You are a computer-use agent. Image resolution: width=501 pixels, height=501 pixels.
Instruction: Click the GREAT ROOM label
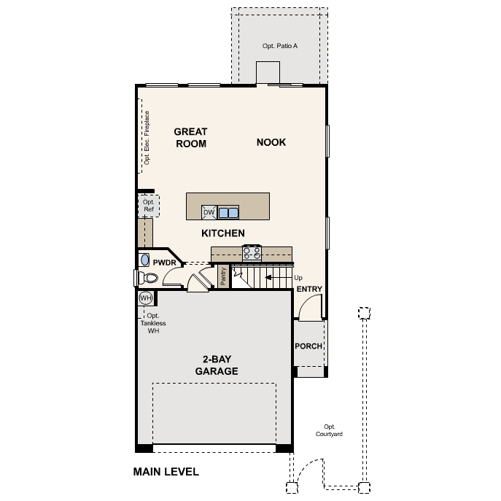click(190, 138)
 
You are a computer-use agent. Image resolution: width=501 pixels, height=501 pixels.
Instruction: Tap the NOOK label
click(271, 142)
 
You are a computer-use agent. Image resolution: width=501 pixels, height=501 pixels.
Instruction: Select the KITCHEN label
click(222, 233)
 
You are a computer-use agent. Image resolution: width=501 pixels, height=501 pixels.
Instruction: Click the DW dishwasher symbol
click(209, 213)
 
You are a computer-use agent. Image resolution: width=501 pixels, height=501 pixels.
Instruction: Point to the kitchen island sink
click(229, 213)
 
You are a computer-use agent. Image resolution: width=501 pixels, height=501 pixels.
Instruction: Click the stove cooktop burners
click(252, 252)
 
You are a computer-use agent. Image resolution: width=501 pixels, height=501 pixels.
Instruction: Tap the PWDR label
click(166, 261)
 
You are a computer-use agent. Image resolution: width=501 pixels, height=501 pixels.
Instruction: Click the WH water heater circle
click(145, 298)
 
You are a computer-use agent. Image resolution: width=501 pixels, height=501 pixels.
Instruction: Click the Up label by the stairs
click(298, 278)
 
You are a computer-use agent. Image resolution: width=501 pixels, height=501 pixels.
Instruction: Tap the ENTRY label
click(309, 290)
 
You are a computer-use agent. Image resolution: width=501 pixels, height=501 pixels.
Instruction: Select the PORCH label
click(308, 346)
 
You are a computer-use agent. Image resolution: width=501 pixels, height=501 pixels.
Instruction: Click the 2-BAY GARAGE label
click(216, 365)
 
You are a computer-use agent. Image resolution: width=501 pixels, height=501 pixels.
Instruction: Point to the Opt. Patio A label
click(280, 46)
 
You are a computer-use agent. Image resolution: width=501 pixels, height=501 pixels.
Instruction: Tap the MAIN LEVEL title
click(166, 472)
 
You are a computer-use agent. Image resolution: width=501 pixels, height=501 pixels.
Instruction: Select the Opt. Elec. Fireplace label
click(147, 138)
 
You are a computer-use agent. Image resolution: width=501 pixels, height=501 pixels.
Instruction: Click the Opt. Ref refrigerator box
click(148, 206)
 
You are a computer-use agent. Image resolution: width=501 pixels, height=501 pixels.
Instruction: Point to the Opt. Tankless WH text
click(152, 323)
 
